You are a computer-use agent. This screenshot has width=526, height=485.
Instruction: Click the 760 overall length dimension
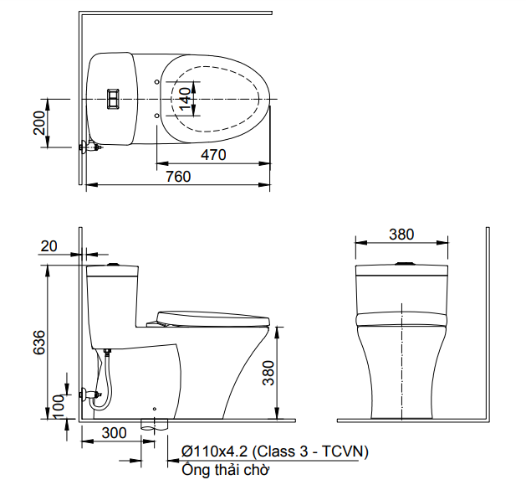pyautogui.click(x=177, y=176)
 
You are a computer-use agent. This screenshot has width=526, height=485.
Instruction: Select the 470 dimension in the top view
pyautogui.click(x=213, y=154)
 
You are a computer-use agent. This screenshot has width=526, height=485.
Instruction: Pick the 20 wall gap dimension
pyautogui.click(x=49, y=245)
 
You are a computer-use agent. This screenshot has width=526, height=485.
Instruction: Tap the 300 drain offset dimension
pyautogui.click(x=113, y=433)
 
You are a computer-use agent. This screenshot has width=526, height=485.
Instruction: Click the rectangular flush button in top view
pyautogui.click(x=113, y=99)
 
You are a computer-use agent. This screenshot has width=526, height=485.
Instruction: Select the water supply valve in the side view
pyautogui.click(x=88, y=392)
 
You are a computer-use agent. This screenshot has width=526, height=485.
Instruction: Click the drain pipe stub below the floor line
pyautogui.click(x=153, y=424)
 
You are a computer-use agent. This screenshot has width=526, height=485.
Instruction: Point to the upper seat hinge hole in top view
pyautogui.click(x=158, y=81)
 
